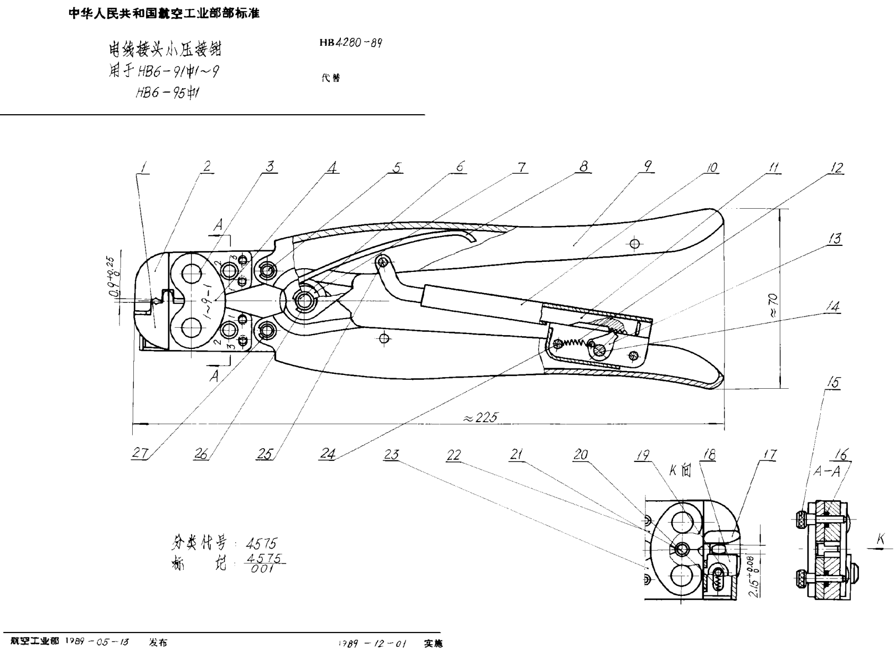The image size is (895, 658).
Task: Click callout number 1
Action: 143,167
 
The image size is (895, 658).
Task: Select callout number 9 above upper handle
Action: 647,166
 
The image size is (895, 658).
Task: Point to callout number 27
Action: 140,452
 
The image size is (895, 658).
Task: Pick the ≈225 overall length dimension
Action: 480,417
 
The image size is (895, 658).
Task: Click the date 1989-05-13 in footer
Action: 97,642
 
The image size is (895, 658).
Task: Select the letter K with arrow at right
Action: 880,540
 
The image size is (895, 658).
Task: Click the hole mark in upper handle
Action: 634,244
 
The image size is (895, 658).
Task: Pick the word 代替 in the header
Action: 331,78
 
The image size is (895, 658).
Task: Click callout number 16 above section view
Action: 841,455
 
